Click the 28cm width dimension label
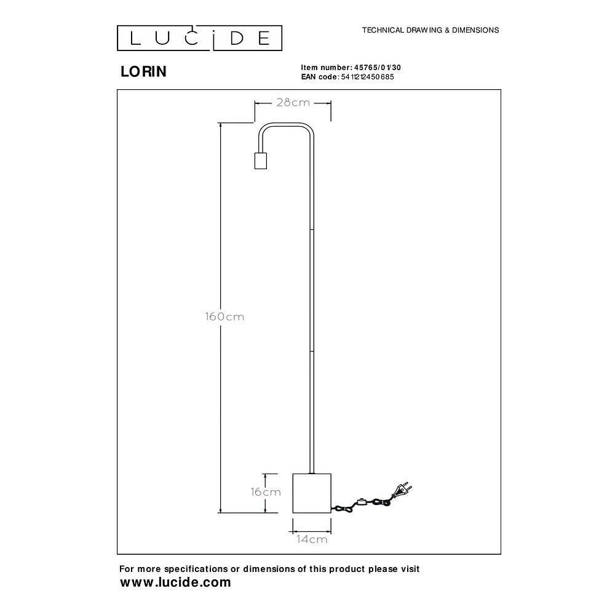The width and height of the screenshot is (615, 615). (x=293, y=103)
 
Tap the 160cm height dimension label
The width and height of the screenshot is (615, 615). (x=224, y=317)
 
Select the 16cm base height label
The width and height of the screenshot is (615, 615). (x=266, y=492)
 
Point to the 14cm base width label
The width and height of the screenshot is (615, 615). (x=312, y=539)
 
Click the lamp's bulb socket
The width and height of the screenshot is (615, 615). (x=260, y=161)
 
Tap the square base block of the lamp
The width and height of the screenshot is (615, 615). (x=312, y=493)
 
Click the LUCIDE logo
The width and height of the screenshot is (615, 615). (x=200, y=38)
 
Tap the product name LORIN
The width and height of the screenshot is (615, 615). (x=143, y=71)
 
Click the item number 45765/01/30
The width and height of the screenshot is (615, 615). (x=378, y=68)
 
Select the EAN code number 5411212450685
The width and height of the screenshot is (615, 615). (x=368, y=77)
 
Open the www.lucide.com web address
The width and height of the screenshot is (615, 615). (x=176, y=582)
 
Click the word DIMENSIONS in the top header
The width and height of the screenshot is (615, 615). (x=475, y=30)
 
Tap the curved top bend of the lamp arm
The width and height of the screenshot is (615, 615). (x=285, y=124)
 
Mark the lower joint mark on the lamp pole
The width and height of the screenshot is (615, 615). (x=312, y=351)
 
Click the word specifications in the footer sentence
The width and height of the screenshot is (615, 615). (x=196, y=569)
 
